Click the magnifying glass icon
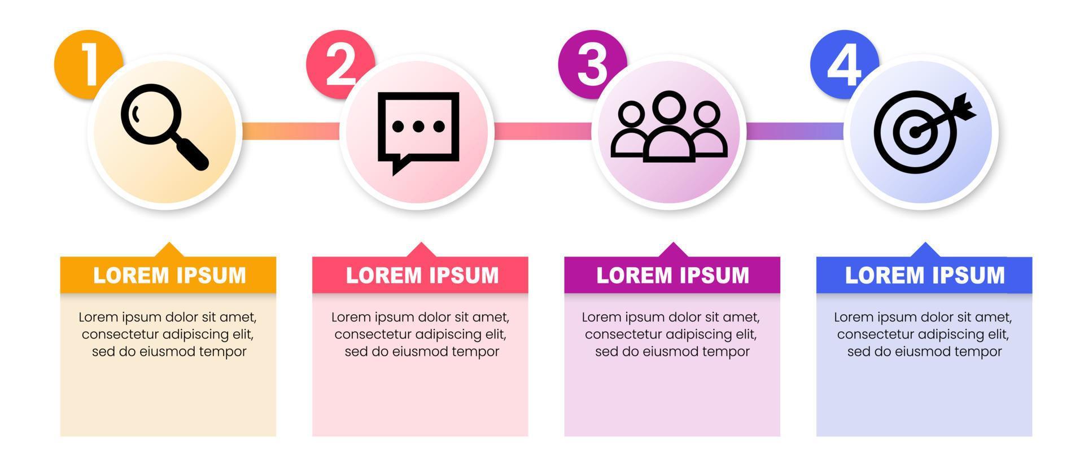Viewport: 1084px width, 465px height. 164,127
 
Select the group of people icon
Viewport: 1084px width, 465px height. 669,127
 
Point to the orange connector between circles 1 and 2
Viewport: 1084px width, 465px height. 291,131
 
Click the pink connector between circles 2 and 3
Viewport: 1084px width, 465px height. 543,131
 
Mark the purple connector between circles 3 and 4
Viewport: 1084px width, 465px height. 795,131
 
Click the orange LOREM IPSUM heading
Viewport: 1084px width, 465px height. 169,276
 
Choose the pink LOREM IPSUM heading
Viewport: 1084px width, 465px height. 422,276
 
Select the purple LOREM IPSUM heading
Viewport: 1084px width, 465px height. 672,276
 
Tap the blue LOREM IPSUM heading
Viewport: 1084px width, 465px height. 924,276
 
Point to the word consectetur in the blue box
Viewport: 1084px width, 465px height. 876,334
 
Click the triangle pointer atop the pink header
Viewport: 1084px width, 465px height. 421,250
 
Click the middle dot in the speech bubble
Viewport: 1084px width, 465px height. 418,127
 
